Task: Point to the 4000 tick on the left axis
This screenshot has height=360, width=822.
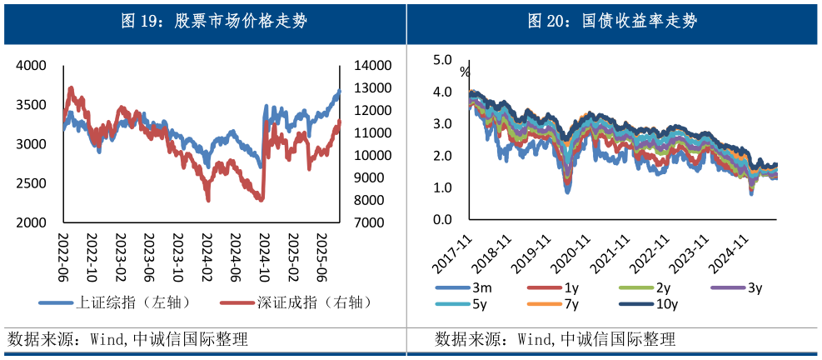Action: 32,65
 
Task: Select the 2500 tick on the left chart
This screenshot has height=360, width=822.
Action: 32,183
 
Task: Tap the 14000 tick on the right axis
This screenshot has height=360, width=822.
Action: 371,65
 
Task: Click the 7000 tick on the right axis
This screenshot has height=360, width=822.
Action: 368,223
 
